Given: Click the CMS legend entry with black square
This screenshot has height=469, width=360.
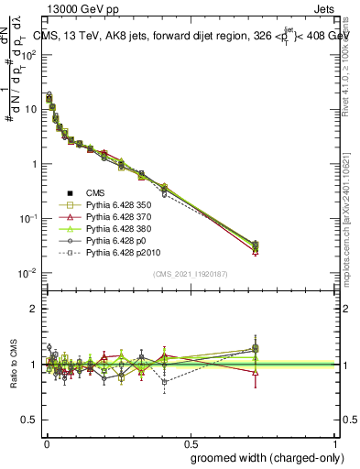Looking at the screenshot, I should coord(95,192).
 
